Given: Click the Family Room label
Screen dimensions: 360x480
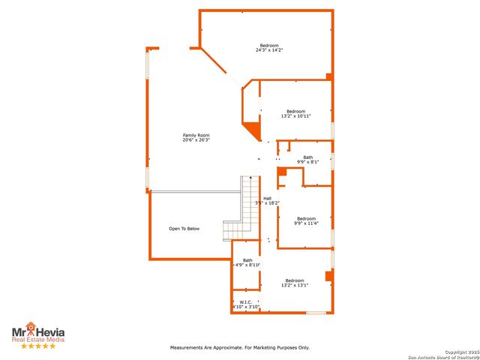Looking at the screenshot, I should (x=196, y=135).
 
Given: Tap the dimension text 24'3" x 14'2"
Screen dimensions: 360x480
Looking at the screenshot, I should (x=269, y=50).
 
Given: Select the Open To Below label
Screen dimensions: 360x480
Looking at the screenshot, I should (x=184, y=229).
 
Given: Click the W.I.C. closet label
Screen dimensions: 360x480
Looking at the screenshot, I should (x=245, y=301).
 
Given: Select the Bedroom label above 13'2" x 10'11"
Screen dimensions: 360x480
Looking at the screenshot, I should (x=295, y=111).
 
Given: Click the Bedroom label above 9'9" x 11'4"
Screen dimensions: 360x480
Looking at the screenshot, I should (x=306, y=218).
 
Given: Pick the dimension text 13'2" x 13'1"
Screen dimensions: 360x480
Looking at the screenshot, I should (x=295, y=285).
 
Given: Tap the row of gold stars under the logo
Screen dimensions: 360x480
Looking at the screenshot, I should (x=37, y=346).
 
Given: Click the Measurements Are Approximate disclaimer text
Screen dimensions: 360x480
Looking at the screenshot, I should (x=239, y=348).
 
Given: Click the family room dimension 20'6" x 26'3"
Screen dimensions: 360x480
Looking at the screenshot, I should (x=196, y=140).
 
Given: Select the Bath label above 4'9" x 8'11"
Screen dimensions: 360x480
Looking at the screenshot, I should (x=247, y=260).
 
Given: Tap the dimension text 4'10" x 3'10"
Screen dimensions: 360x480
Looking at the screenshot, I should (x=245, y=307).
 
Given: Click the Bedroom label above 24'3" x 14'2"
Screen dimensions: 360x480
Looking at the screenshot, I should (x=269, y=46).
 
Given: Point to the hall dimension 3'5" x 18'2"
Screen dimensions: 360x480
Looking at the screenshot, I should (x=267, y=202).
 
